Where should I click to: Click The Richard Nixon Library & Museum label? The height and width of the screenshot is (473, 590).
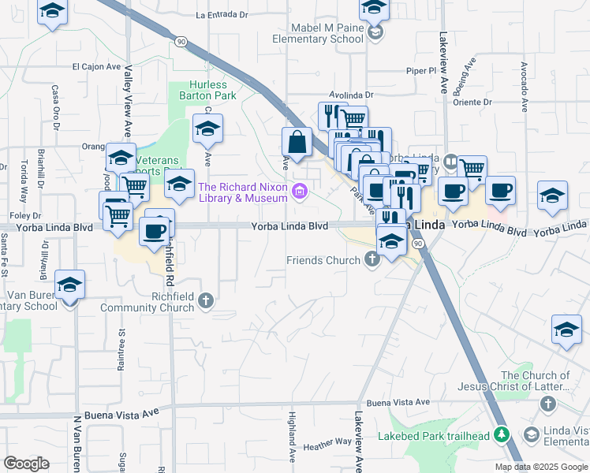243,192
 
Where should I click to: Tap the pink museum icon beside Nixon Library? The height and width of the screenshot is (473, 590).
299,192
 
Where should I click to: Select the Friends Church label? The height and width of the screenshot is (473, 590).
323,260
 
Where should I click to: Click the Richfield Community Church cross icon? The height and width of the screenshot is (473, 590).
206,300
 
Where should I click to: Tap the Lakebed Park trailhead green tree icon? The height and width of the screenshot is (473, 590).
500,434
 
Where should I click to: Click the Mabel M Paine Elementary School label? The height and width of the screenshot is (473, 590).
316,32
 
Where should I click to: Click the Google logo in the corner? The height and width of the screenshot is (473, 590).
26,463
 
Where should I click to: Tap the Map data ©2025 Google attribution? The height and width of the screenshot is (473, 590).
540,467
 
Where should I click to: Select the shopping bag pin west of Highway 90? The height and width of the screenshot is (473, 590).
297,143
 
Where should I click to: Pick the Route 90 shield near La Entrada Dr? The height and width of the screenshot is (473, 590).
181,39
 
